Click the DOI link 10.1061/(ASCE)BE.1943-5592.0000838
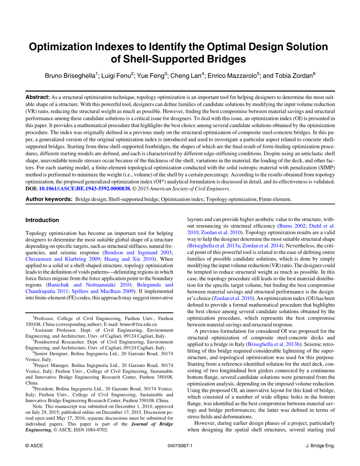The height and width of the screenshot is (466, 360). [x=85, y=188]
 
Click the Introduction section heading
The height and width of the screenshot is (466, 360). [x=42, y=220]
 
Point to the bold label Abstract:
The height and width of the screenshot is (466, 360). [x=37, y=97]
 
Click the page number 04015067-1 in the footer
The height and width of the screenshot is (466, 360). [x=180, y=446]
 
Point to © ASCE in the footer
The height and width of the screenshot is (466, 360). [x=34, y=446]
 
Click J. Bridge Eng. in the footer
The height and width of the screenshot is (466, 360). [x=320, y=446]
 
